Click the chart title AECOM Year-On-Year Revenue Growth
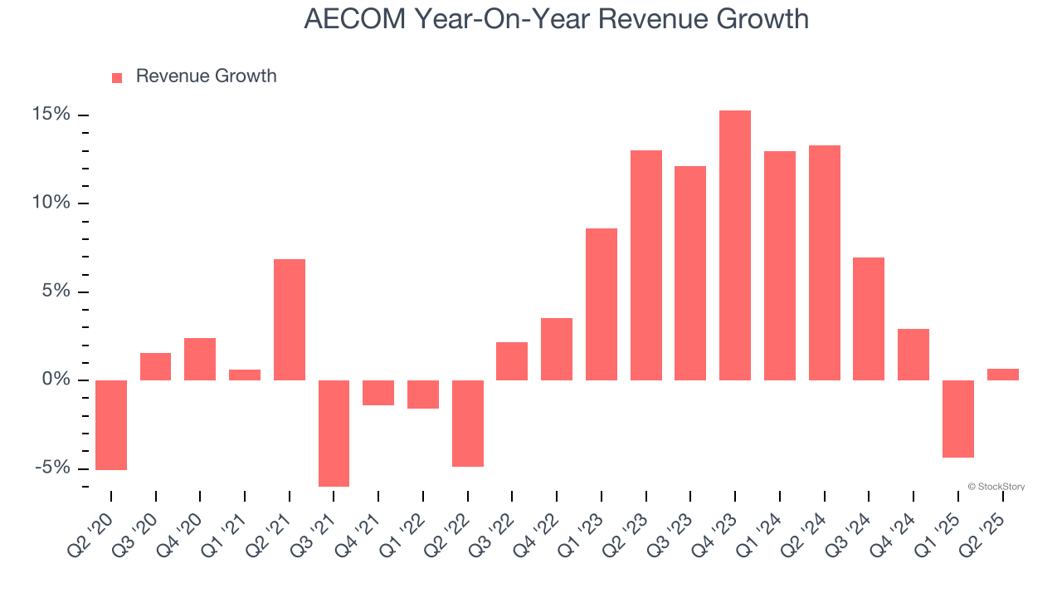(556, 18)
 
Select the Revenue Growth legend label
(206, 76)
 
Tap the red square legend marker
(117, 78)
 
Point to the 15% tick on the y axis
(51, 115)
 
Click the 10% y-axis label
(51, 203)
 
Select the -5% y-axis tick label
(53, 468)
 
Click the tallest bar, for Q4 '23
(734, 245)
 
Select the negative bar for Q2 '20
(111, 425)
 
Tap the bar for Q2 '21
(290, 320)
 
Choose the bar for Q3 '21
(334, 433)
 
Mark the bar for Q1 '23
(601, 304)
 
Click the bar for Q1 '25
(957, 419)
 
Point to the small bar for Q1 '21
(245, 375)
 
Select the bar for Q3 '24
(869, 319)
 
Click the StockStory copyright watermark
(996, 487)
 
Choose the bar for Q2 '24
(824, 262)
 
